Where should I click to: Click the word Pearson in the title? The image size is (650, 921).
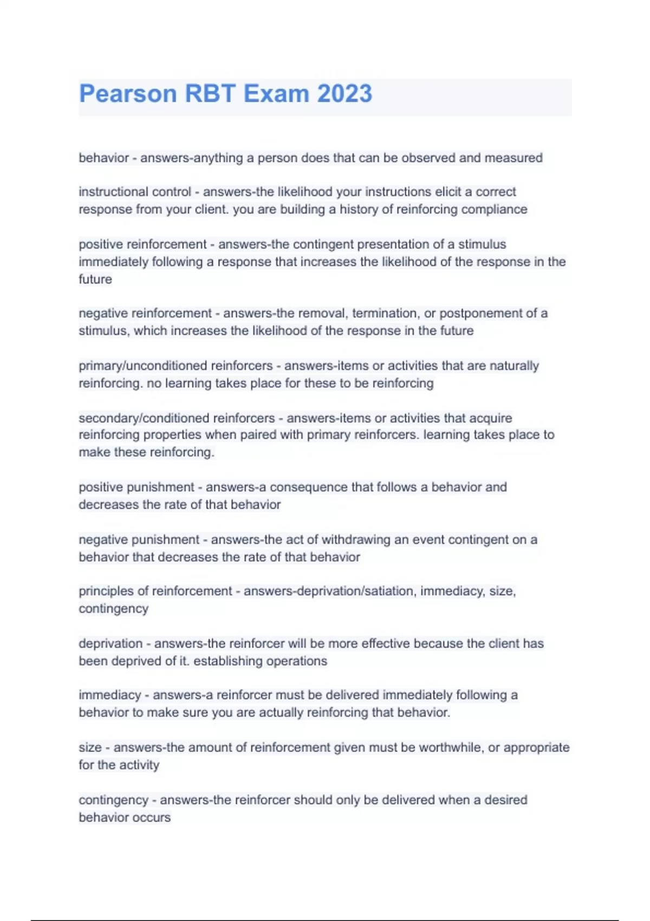tap(128, 94)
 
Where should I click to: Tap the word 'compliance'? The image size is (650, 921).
tap(498, 210)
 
